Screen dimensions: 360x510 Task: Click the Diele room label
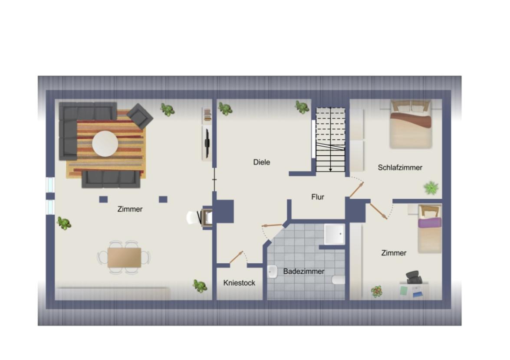coord(262,162)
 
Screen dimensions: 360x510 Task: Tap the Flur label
coord(318,197)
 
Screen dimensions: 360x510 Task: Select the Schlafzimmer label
coord(400,167)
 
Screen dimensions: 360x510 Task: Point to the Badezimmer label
coord(304,272)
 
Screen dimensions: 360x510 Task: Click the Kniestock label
coord(239,283)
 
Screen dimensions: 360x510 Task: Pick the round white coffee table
coord(105,144)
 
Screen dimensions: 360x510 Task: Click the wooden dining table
coord(125,258)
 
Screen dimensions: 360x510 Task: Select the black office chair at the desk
coord(414,278)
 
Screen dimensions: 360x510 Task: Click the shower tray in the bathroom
coord(334,234)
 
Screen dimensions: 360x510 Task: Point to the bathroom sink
coord(273,272)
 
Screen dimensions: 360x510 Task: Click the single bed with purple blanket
coord(430,229)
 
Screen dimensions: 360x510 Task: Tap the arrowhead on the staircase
coord(331,170)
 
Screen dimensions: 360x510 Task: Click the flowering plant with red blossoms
coord(376,291)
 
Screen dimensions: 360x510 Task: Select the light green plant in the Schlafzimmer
coord(431,188)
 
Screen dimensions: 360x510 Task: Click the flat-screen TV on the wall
coord(207,143)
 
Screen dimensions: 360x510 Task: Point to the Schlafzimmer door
coord(357,190)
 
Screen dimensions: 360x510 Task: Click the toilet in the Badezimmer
coord(339,280)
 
